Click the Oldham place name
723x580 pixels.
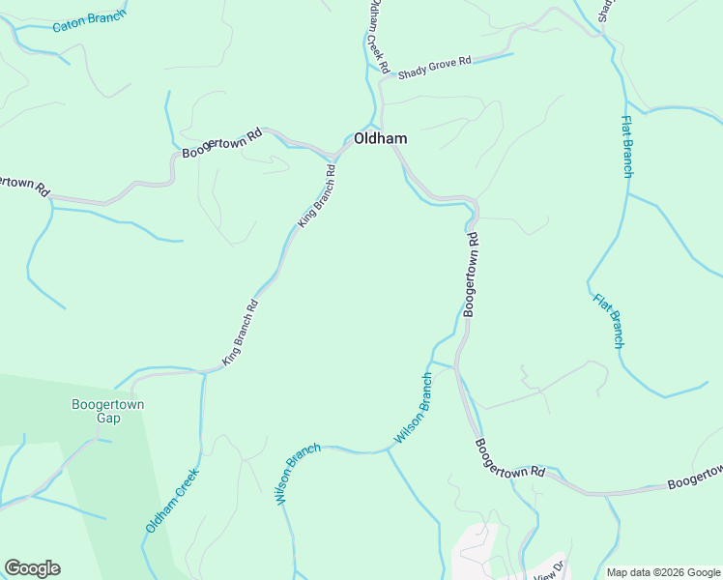point(380,139)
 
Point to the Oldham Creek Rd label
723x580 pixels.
point(377,37)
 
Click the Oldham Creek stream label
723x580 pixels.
point(172,501)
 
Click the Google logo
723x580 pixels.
point(32,568)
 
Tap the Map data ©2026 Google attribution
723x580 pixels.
point(663,572)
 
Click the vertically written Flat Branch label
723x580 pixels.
point(626,147)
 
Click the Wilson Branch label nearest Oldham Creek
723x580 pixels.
point(298,475)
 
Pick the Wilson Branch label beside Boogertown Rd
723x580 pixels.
point(413,409)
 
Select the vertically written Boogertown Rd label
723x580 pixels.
point(471,275)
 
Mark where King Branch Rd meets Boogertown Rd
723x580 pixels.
point(337,155)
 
